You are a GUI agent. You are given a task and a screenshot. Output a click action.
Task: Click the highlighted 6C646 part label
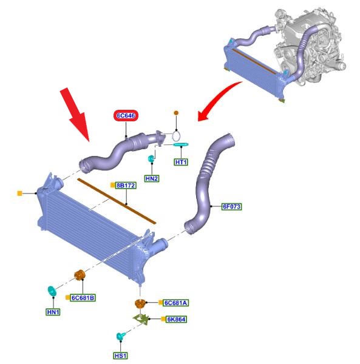click(x=126, y=116)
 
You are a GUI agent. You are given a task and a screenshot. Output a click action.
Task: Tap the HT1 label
click(x=181, y=162)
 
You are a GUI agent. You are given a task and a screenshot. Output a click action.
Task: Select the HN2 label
click(x=152, y=178)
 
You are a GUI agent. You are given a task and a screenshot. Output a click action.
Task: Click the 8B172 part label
click(x=126, y=186)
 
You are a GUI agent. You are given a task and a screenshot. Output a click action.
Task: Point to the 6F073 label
click(x=231, y=206)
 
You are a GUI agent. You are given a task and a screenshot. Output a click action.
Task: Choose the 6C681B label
click(x=83, y=298)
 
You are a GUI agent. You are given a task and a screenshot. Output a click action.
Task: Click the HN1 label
click(x=53, y=312)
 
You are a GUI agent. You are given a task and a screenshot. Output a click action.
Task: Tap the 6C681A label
click(x=175, y=303)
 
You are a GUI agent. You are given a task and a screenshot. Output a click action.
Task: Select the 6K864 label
click(x=176, y=320)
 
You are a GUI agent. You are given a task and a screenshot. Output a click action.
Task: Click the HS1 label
click(x=121, y=356)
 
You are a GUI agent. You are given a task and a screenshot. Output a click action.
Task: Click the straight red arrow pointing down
click(x=75, y=114)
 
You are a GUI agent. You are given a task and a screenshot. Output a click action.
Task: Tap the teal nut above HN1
click(x=52, y=291)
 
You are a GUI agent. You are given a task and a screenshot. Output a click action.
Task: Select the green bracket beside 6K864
click(x=141, y=319)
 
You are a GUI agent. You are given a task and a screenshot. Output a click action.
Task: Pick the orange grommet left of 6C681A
click(x=140, y=304)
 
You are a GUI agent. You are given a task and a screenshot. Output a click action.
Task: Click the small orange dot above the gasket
click(x=176, y=113)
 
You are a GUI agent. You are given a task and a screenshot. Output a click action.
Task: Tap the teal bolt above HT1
click(x=181, y=144)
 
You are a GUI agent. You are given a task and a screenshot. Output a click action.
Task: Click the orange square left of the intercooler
click(x=20, y=193)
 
